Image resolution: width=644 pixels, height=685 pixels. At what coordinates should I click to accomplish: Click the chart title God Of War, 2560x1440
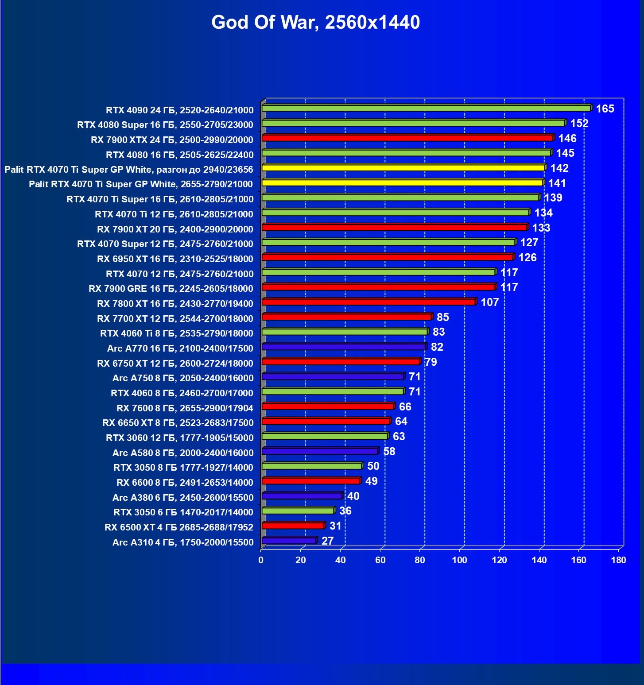[x=315, y=22]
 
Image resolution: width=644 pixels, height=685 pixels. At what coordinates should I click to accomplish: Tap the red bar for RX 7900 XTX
[x=407, y=138]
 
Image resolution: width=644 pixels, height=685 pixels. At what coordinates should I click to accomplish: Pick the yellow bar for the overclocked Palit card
[x=403, y=168]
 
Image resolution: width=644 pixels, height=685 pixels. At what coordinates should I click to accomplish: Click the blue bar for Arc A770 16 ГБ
[x=343, y=347]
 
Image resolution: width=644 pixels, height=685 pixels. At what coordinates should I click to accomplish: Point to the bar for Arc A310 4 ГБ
[x=289, y=541]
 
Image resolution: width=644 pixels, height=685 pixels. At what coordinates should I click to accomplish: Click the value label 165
[x=605, y=109]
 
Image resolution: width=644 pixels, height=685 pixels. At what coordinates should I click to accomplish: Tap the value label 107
[x=489, y=302]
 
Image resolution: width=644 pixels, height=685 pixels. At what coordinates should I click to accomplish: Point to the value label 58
[x=389, y=452]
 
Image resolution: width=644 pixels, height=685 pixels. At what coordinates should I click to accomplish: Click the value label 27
[x=327, y=541]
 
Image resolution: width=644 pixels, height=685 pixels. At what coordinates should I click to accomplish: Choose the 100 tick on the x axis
[x=459, y=560]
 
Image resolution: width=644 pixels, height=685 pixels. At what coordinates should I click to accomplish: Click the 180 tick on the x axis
[x=618, y=560]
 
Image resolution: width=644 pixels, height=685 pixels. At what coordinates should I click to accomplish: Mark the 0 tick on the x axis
[x=261, y=560]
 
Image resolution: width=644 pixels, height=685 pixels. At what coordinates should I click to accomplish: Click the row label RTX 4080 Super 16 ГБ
[x=165, y=125]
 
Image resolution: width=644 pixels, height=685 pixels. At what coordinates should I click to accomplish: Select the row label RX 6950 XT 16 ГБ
[x=175, y=259]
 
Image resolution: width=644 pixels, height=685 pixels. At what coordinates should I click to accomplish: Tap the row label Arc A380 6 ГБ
[x=183, y=498]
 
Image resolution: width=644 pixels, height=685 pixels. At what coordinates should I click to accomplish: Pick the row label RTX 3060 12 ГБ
[x=180, y=438]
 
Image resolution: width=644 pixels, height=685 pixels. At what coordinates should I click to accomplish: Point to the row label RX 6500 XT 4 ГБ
[x=179, y=527]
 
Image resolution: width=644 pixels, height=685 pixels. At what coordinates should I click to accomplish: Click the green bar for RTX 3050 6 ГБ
[x=298, y=511]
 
